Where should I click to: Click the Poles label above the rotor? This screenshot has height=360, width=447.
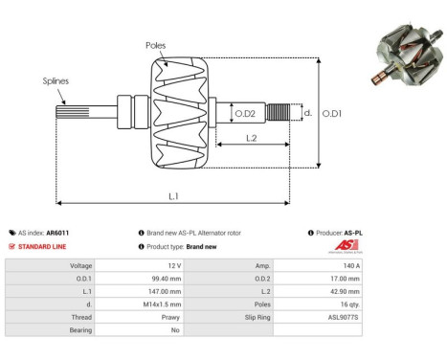(x=155, y=44)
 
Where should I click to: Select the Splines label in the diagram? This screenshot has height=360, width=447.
(x=56, y=82)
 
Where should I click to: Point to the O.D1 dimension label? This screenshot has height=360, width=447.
(x=333, y=113)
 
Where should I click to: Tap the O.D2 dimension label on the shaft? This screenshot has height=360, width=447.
(x=245, y=114)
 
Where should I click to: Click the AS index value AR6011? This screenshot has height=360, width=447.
(x=57, y=233)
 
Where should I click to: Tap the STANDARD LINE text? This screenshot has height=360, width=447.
(x=42, y=246)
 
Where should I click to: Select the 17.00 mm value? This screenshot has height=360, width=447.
(x=346, y=278)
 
